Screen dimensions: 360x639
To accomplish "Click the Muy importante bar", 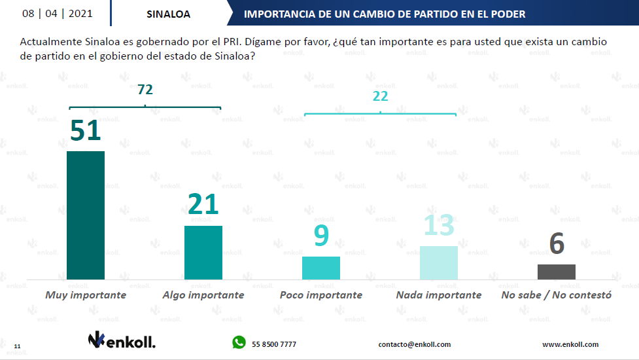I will pyautogui.click(x=86, y=215).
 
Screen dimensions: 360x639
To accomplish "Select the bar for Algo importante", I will pyautogui.click(x=203, y=253).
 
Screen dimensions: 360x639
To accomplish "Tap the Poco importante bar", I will pyautogui.click(x=321, y=268).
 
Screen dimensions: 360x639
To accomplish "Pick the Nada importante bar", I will pyautogui.click(x=439, y=262).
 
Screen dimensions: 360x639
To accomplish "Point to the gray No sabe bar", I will pyautogui.click(x=557, y=272).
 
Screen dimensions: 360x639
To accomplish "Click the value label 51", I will pyautogui.click(x=86, y=130).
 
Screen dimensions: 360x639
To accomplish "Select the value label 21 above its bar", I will pyautogui.click(x=203, y=205).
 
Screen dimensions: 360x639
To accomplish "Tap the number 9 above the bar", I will pyautogui.click(x=321, y=236).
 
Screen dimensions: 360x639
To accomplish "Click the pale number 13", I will pyautogui.click(x=439, y=226).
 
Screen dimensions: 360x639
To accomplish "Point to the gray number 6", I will pyautogui.click(x=557, y=243).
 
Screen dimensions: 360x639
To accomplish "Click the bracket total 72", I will pyautogui.click(x=145, y=90).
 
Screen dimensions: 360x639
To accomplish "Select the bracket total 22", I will pyautogui.click(x=381, y=96).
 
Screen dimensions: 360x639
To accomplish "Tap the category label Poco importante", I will pyautogui.click(x=321, y=295).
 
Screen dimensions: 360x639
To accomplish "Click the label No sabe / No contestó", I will pyautogui.click(x=557, y=295).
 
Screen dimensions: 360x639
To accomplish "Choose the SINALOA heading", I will pyautogui.click(x=169, y=14).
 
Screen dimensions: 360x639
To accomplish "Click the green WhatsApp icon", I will pyautogui.click(x=239, y=342).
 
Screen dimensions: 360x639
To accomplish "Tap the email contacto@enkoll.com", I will pyautogui.click(x=415, y=344).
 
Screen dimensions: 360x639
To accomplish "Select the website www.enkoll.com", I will pyautogui.click(x=570, y=344).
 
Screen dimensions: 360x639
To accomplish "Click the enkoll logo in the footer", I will pyautogui.click(x=122, y=340).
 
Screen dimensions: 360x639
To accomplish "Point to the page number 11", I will pyautogui.click(x=17, y=346).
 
